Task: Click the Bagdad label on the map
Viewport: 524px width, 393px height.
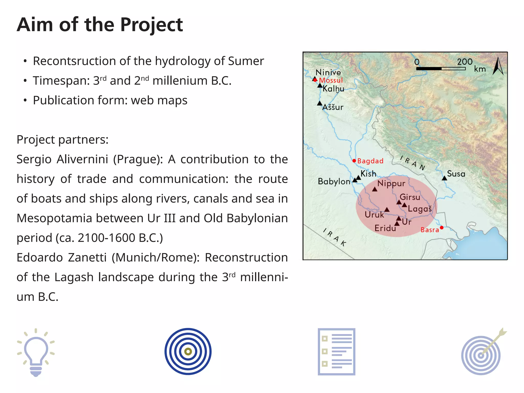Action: (370, 161)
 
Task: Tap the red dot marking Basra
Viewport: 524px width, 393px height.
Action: (442, 227)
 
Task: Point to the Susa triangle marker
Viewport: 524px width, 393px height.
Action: (444, 178)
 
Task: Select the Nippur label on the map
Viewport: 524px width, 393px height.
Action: (391, 183)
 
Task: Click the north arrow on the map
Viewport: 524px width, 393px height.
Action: (498, 66)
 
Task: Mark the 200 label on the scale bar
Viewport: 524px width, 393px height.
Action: (465, 62)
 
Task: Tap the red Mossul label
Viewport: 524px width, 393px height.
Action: (331, 80)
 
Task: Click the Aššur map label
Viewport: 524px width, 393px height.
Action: (333, 107)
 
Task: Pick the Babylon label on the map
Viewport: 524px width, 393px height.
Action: (334, 181)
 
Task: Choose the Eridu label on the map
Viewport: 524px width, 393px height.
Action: (385, 228)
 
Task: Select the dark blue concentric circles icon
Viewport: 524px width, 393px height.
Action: (188, 352)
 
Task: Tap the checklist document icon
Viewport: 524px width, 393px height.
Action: (336, 352)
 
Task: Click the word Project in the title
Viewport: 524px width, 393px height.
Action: (151, 25)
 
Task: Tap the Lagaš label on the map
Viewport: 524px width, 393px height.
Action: (420, 209)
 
